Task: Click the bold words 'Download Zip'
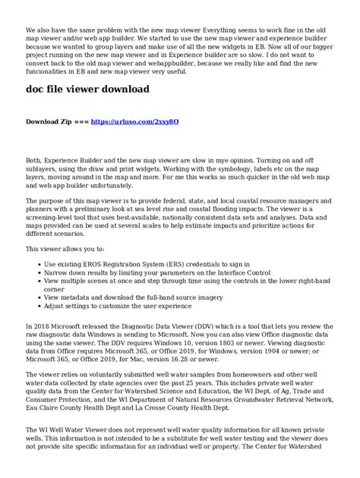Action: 49,121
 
